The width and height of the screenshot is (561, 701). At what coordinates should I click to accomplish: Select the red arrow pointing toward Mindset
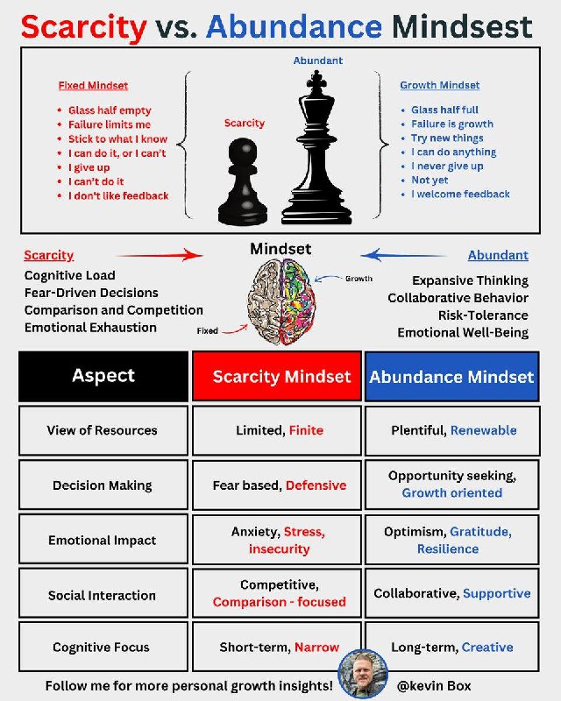tap(160, 256)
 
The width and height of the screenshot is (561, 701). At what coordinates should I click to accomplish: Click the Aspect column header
tap(103, 377)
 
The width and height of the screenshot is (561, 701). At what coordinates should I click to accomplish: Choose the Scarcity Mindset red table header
tap(276, 377)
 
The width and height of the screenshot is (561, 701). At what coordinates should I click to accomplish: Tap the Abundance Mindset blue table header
tap(451, 377)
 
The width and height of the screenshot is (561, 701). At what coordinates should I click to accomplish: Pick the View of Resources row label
tap(103, 430)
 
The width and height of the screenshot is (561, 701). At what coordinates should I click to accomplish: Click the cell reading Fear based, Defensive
tap(276, 485)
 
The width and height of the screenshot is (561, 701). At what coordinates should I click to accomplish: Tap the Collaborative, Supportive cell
tap(451, 593)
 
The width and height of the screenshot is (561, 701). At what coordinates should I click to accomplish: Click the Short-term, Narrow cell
tap(276, 648)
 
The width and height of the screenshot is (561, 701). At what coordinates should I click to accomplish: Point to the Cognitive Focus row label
tap(103, 648)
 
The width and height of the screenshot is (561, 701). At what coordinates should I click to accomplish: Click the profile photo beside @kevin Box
tap(363, 674)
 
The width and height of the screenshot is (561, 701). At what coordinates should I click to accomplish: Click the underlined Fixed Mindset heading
tap(93, 86)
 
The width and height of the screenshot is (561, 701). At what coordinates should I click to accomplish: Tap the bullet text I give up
tap(90, 166)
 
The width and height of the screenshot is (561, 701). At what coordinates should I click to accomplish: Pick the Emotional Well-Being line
tap(463, 333)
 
